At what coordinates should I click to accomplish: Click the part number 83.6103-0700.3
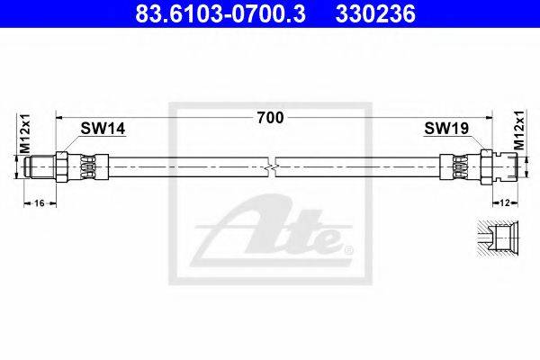click(x=220, y=14)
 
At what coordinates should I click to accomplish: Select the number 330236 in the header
click(x=375, y=14)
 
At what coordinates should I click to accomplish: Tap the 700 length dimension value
click(x=271, y=118)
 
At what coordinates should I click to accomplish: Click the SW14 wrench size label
click(x=103, y=129)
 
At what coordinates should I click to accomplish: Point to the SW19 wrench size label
click(x=446, y=129)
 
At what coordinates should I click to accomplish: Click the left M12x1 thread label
click(x=25, y=133)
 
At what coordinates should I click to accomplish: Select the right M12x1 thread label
click(x=518, y=130)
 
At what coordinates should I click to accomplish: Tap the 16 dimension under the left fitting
click(x=40, y=203)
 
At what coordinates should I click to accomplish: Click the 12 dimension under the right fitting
click(x=505, y=203)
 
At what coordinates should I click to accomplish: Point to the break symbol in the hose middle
click(x=271, y=167)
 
